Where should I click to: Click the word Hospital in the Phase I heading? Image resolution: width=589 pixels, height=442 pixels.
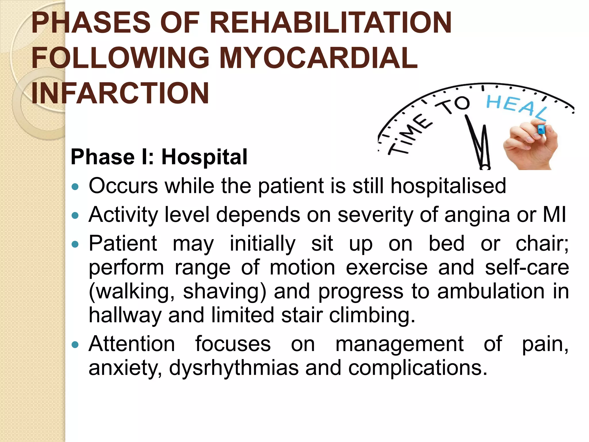tap(204, 157)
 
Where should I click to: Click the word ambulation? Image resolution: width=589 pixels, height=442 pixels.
tap(491, 291)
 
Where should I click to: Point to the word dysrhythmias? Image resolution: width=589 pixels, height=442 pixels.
tap(234, 368)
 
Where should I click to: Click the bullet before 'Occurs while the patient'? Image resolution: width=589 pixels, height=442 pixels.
tap(75, 187)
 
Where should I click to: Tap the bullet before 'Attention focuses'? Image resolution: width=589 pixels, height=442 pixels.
tap(75, 344)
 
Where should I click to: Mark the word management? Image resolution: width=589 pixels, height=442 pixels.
tap(399, 344)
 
